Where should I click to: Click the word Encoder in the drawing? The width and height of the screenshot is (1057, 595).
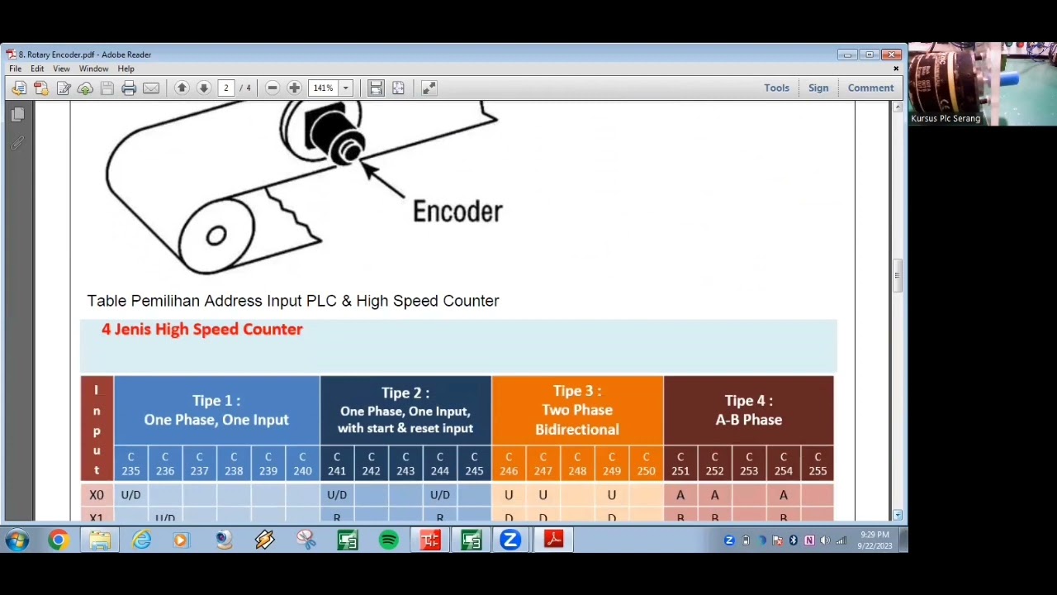coord(457,212)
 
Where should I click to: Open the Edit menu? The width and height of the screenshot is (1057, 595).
coord(37,69)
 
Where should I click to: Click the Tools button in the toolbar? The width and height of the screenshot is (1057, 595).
coord(776,88)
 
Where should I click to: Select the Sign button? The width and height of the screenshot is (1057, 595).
coord(818,88)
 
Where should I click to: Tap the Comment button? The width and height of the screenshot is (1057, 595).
coord(870,88)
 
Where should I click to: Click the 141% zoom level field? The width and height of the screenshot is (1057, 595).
coord(323,88)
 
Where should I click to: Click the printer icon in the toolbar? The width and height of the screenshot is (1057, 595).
coord(129,88)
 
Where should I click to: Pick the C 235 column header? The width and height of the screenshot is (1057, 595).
coord(130,464)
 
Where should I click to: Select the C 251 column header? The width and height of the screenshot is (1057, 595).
coord(680,464)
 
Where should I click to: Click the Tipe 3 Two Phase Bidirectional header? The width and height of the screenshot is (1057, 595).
coord(577,410)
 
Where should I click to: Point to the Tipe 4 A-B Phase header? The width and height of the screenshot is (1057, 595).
coord(748,410)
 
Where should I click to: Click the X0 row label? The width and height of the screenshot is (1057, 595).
coord(97,495)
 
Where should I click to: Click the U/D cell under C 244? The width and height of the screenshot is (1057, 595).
coord(440,495)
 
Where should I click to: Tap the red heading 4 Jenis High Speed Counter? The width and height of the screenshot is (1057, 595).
coord(202,329)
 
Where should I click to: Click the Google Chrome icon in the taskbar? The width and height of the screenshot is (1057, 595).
coord(58,540)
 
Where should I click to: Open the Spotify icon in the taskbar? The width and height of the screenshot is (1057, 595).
coord(388,540)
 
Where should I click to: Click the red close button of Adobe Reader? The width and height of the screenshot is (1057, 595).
coord(891,55)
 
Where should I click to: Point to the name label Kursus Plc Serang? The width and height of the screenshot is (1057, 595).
coord(946,118)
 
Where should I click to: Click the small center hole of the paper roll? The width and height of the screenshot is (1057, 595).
coord(216,236)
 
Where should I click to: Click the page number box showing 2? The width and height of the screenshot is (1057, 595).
coord(225,88)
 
